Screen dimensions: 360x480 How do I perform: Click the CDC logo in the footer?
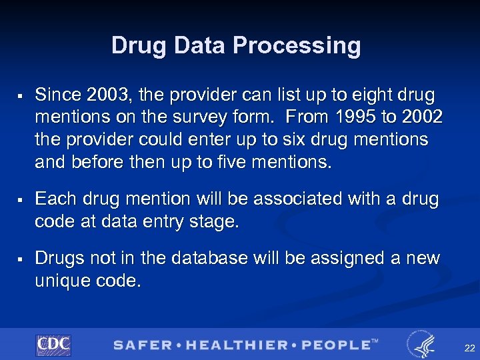click(x=53, y=345)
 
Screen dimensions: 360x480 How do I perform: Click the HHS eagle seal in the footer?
click(x=422, y=345)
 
